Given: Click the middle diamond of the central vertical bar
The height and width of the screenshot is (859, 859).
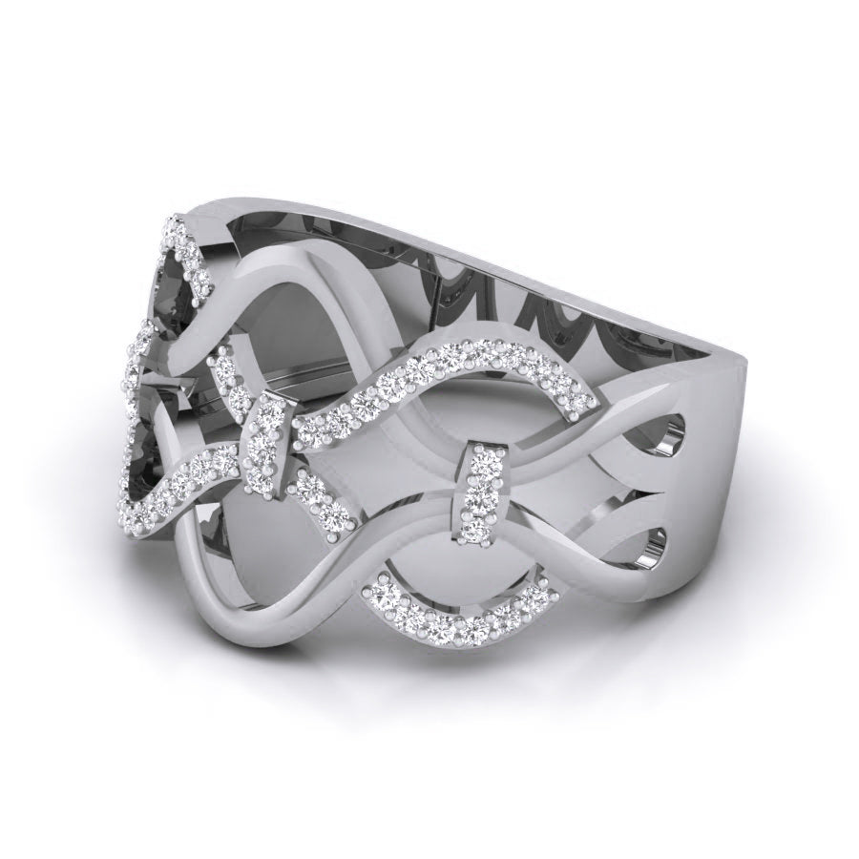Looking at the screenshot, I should pyautogui.click(x=478, y=488).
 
